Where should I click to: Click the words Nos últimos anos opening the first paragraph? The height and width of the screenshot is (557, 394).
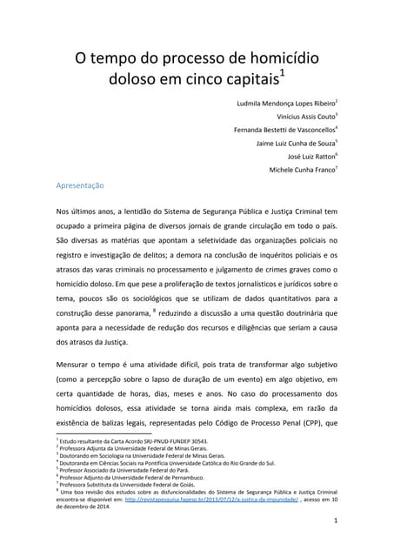[89, 211]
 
